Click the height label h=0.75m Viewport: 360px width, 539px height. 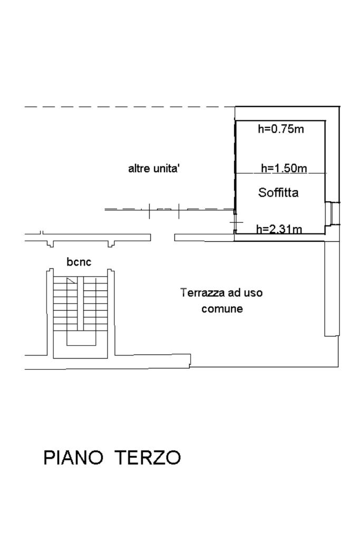(x=281, y=129)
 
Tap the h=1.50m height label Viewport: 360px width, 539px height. (x=284, y=169)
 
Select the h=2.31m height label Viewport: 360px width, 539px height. (x=279, y=229)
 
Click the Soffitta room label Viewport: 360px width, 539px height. (x=278, y=193)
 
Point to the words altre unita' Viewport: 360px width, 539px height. (x=155, y=169)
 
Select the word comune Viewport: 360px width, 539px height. (x=222, y=309)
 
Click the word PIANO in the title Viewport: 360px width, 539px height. (x=73, y=457)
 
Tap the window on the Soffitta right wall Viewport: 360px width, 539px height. (x=332, y=213)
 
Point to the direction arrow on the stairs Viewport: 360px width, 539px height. (x=71, y=281)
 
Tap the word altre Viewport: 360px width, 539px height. (x=139, y=169)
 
